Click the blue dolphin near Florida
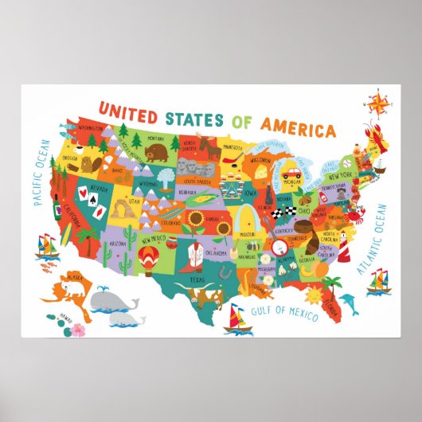tap(348, 303)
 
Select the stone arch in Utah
tap(119, 209)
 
